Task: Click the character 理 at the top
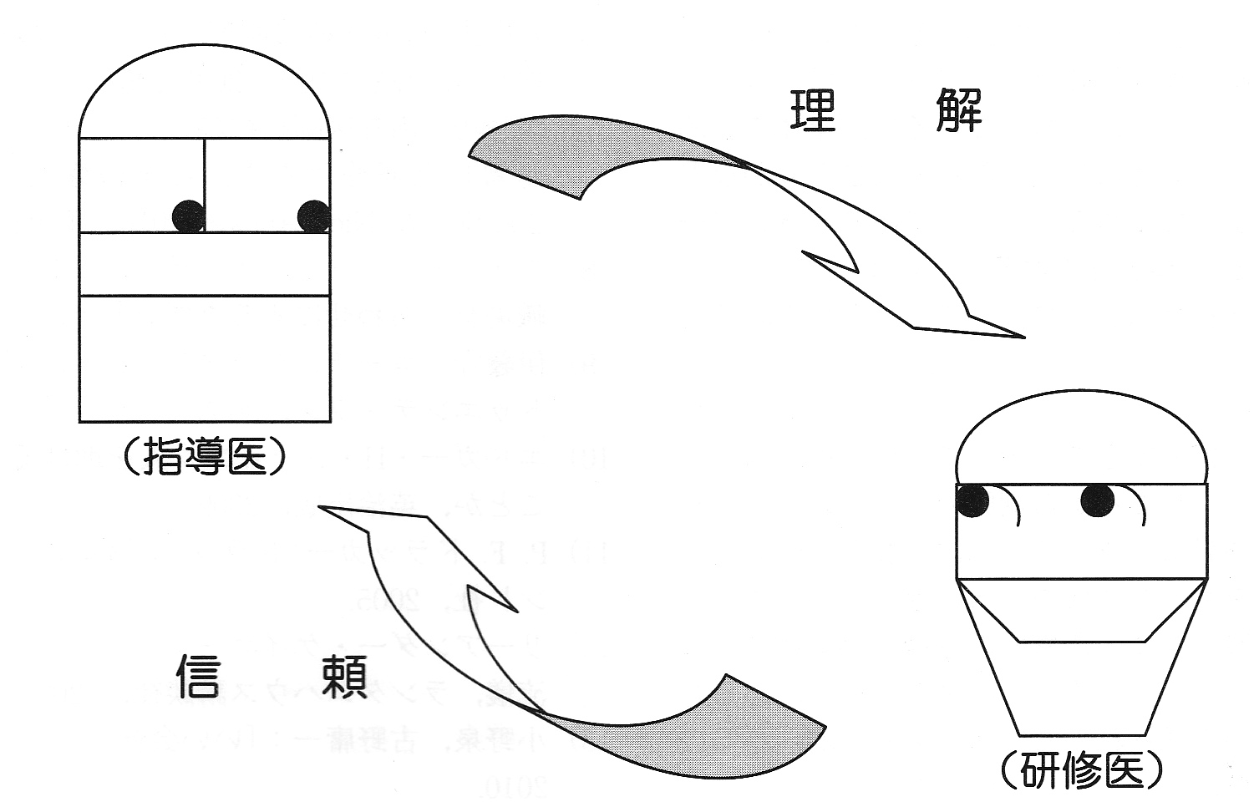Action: point(812,110)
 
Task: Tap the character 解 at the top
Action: point(958,110)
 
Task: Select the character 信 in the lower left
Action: point(198,675)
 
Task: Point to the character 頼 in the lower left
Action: point(343,675)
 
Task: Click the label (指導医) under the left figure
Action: point(205,458)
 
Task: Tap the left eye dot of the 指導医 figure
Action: point(188,216)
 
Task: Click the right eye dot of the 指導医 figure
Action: point(313,216)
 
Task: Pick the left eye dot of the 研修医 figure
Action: point(972,500)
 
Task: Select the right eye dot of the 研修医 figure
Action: point(1097,500)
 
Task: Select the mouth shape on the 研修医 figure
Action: point(1081,614)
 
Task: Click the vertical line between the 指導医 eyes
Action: point(205,184)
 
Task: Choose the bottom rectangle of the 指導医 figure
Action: point(205,358)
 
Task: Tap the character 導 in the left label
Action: point(205,458)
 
